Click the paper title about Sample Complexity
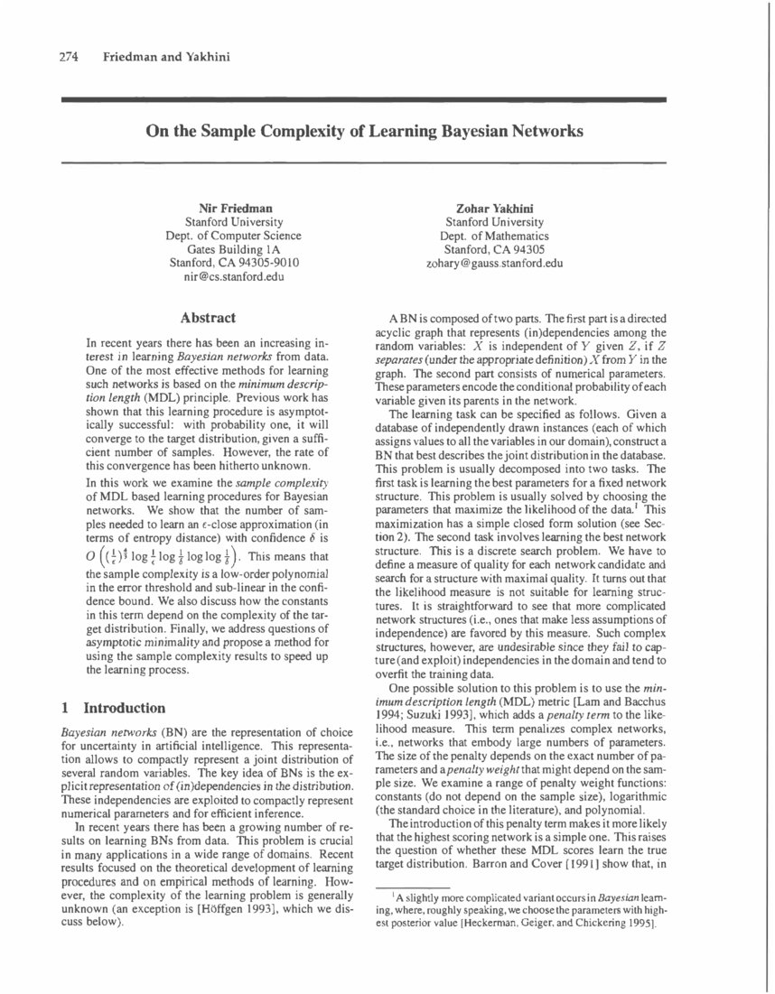pyautogui.click(x=364, y=130)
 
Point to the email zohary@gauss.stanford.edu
pyautogui.click(x=494, y=263)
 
